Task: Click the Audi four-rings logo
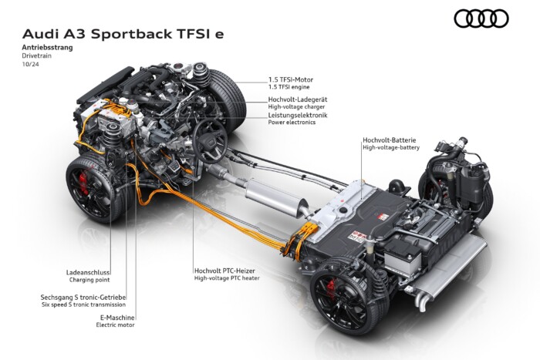coord(481,19)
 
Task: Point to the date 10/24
coord(30,66)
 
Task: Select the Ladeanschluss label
coord(89,272)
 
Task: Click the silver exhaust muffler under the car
coord(273,197)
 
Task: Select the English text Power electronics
coord(292,123)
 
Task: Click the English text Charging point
coord(91,280)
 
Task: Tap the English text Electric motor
coord(116,325)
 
